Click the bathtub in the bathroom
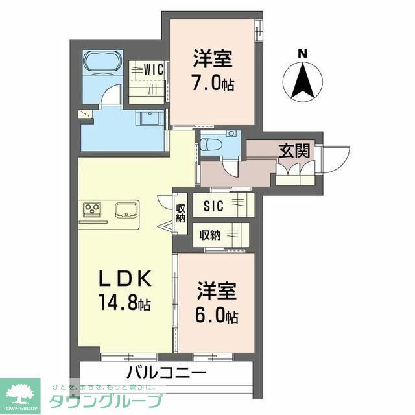pyautogui.click(x=102, y=63)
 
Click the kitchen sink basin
pyautogui.click(x=126, y=210)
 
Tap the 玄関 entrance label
pyautogui.click(x=293, y=150)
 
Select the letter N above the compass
pyautogui.click(x=302, y=54)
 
